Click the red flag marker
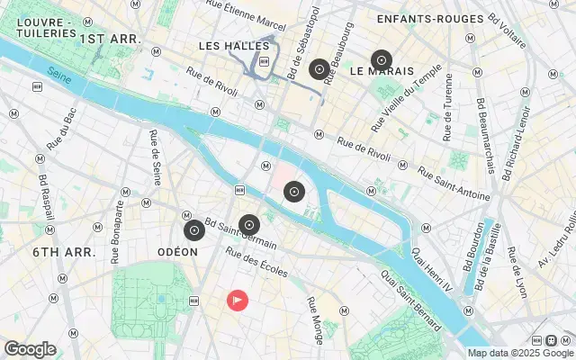pyautogui.click(x=237, y=300)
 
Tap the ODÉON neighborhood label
pyautogui.click(x=177, y=252)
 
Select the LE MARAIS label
pyautogui.click(x=382, y=70)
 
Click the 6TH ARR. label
pyautogui.click(x=64, y=252)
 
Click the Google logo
pyautogui.click(x=30, y=349)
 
